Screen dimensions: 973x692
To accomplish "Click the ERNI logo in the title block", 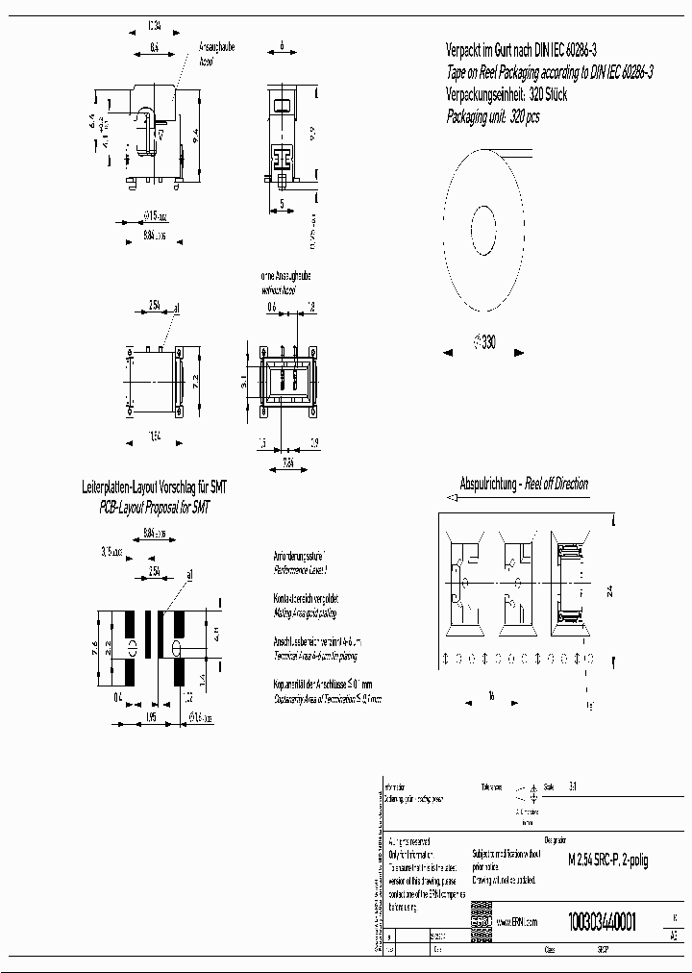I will pyautogui.click(x=481, y=919).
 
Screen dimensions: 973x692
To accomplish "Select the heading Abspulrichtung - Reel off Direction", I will pyautogui.click(x=525, y=484).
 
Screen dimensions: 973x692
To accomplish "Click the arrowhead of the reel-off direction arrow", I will pyautogui.click(x=448, y=497).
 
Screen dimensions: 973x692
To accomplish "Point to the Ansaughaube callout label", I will pyautogui.click(x=215, y=46).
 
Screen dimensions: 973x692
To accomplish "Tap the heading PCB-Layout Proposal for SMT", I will pyautogui.click(x=155, y=506).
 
